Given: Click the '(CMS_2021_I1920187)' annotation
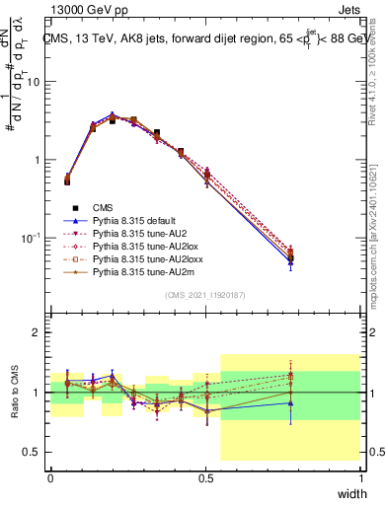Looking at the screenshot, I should pos(205,295).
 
